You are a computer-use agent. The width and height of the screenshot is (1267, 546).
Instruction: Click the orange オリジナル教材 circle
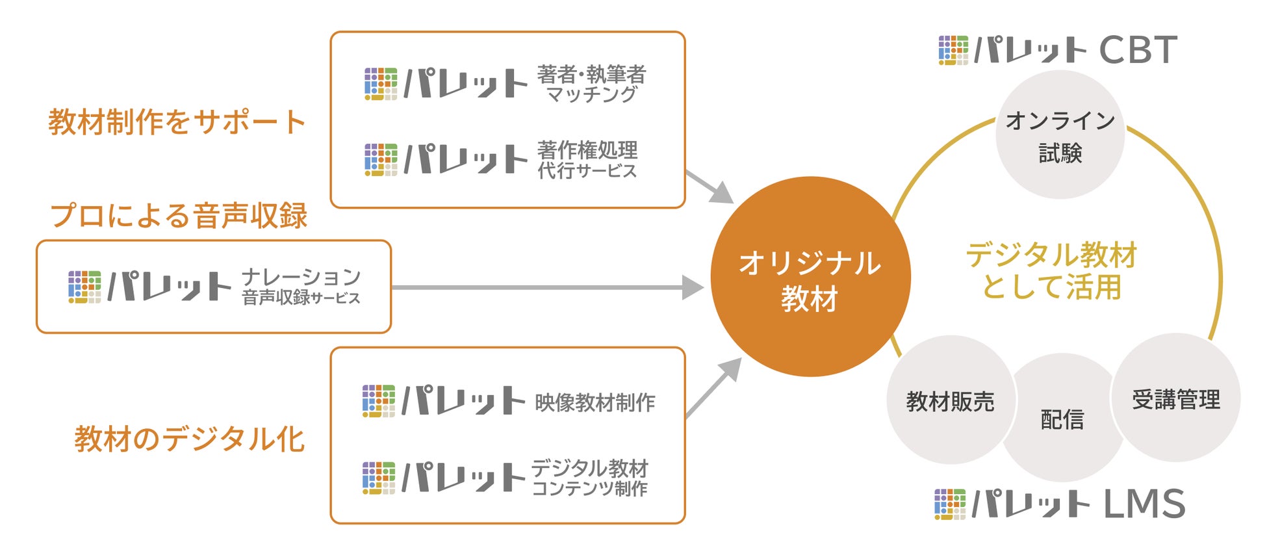click(810, 277)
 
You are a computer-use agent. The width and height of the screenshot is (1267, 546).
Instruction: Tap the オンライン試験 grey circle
click(1060, 135)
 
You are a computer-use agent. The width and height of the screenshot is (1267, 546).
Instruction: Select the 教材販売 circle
click(950, 401)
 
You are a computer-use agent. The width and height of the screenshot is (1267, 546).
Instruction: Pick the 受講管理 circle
click(1176, 398)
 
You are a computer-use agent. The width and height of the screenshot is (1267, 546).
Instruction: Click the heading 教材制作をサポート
click(177, 122)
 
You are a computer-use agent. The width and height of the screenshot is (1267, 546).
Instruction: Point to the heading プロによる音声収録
click(179, 216)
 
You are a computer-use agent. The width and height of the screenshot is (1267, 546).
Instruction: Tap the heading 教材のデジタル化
click(189, 439)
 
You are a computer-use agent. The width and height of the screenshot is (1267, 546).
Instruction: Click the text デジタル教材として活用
click(1051, 270)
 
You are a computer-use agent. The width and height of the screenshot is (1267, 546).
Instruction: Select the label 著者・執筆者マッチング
click(591, 84)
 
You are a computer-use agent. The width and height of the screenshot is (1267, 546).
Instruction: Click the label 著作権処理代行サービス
click(587, 160)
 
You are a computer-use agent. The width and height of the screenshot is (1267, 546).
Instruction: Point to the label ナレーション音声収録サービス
click(301, 287)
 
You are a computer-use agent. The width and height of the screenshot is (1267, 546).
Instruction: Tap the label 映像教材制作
click(595, 402)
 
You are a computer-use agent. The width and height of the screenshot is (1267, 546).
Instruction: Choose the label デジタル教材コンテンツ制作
click(590, 478)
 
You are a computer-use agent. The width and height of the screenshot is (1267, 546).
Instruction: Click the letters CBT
click(1138, 50)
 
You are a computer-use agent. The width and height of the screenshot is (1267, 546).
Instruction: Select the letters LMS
click(1144, 504)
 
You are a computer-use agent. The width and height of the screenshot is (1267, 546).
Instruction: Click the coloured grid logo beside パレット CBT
click(953, 50)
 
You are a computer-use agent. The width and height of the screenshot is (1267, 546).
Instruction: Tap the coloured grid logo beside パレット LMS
click(950, 504)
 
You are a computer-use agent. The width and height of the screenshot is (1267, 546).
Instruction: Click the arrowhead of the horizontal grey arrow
click(693, 287)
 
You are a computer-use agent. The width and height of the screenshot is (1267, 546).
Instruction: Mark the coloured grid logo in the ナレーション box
click(84, 287)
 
